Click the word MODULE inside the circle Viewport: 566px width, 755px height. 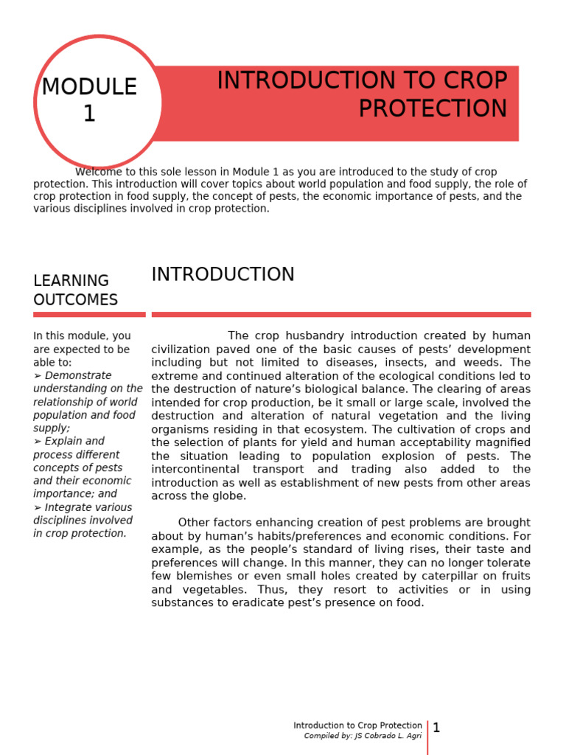tap(89, 87)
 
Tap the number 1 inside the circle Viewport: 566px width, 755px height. tap(89, 114)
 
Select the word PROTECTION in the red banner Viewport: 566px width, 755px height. tap(433, 108)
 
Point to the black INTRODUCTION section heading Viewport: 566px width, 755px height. tap(223, 274)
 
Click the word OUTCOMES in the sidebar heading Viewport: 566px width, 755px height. tap(75, 299)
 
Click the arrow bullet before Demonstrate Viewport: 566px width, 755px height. tap(38, 375)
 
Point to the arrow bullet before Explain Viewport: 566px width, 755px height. tap(38, 442)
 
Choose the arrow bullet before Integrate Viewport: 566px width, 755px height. tap(38, 508)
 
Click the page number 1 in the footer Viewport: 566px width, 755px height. tap(436, 728)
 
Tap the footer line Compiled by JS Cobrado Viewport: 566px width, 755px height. tap(363, 736)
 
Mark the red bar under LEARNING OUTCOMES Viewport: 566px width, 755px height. tap(89, 315)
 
